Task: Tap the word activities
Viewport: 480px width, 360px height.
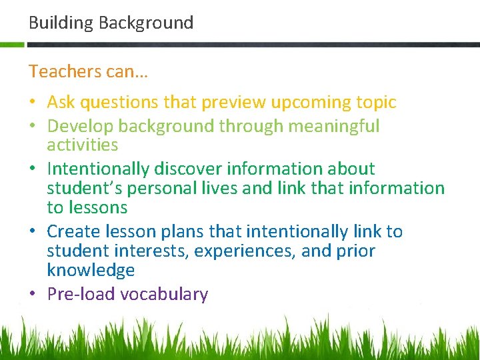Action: pos(82,145)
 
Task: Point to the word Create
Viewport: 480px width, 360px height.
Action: pos(73,231)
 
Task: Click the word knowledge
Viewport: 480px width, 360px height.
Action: pos(91,270)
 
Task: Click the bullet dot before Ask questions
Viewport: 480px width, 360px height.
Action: pos(33,103)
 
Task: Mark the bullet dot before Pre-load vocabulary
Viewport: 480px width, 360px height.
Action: pos(33,295)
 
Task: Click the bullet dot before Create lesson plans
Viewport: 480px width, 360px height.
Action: pos(33,232)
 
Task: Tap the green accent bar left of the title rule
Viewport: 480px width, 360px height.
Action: pos(12,45)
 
